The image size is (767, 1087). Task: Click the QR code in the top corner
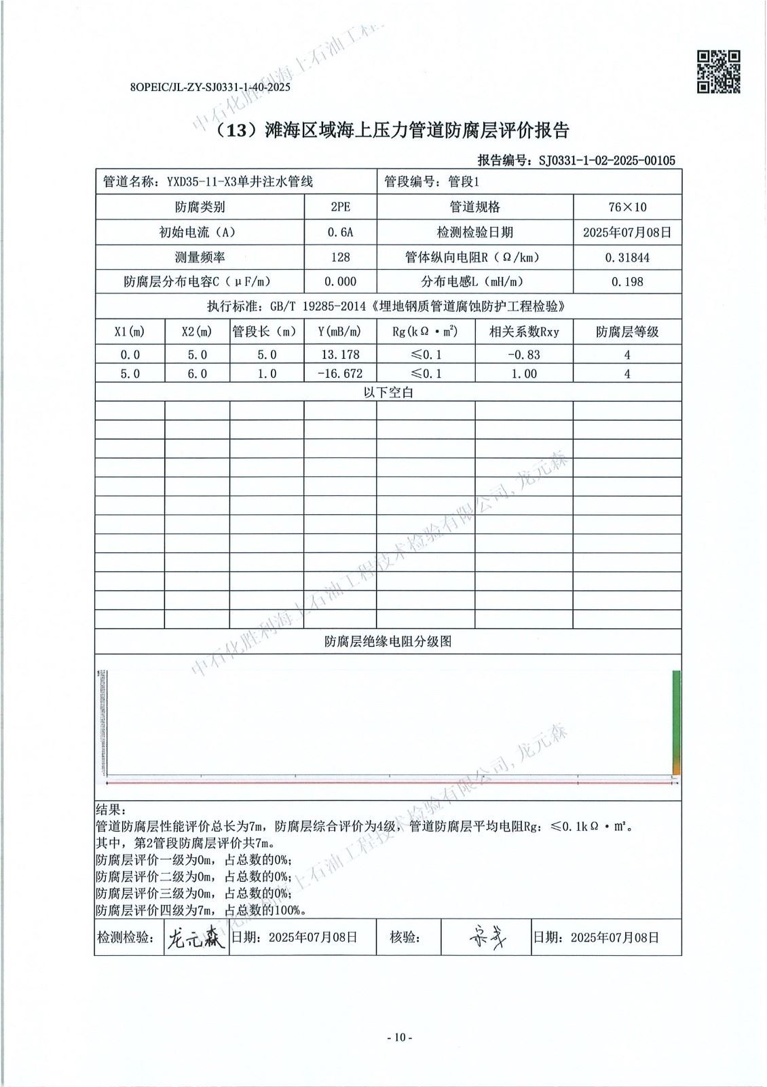719,71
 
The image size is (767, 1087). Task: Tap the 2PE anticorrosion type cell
340,207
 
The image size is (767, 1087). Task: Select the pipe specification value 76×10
627,207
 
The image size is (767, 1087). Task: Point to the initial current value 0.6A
340,232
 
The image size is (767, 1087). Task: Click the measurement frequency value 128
340,257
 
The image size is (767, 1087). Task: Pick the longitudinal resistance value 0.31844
627,257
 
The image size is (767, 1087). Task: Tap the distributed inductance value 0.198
627,282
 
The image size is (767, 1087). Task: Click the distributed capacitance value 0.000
340,282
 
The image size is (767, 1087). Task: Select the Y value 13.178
340,355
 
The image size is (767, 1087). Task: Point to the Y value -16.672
340,374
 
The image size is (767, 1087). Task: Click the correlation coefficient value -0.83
523,355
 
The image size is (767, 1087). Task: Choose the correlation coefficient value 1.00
523,374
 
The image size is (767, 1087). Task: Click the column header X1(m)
130,332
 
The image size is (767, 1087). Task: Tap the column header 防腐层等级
627,332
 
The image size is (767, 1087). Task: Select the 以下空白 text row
388,393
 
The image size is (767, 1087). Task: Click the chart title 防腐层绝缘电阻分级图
388,641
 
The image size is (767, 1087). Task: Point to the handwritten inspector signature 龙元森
195,938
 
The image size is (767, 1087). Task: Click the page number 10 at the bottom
399,1037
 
